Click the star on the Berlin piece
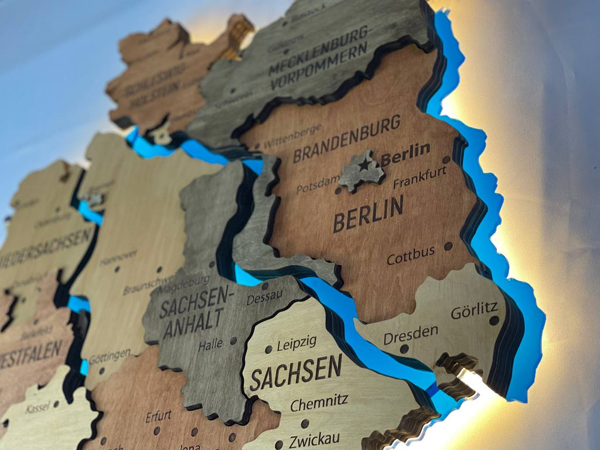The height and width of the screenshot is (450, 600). point(364,165)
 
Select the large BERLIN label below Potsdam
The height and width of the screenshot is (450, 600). point(368,214)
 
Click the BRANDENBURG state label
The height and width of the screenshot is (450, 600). point(346,139)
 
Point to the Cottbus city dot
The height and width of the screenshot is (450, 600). point(448,246)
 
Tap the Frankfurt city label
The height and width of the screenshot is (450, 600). point(420,177)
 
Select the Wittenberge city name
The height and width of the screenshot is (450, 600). point(292,135)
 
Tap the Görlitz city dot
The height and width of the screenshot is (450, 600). point(494,321)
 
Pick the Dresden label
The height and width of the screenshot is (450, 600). point(410,335)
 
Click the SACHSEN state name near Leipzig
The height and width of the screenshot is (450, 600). point(296,373)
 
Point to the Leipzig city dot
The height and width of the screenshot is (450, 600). point(268,349)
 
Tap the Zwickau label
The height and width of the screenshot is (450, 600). point(315,438)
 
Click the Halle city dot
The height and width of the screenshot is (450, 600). point(233,340)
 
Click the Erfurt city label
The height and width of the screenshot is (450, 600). point(158,417)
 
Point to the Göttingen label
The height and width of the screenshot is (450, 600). point(110,356)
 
